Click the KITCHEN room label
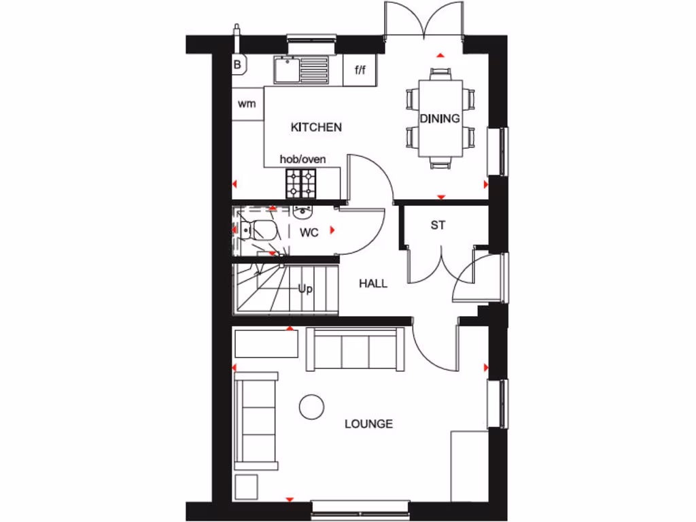pos(316,127)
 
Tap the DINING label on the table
pos(439,118)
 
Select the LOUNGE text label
pos(368,424)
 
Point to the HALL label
pos(373,283)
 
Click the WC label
pos(309,232)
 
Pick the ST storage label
pos(438,225)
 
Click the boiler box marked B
pos(239,65)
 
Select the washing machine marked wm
pos(247,104)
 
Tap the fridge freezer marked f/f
pos(360,69)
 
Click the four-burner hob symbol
pos(300,182)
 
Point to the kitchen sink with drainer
pos(301,69)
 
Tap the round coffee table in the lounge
pos(311,406)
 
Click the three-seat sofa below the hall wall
pos(355,348)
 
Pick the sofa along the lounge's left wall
pos(256,421)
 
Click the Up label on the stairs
pos(305,289)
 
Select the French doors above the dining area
pos(424,20)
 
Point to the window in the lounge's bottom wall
pos(360,506)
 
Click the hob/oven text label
pos(303,159)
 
